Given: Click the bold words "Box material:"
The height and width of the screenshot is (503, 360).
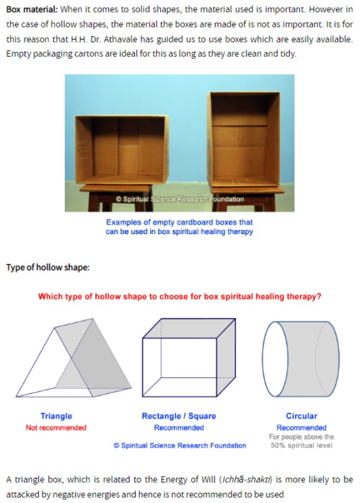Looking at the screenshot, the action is (x=32, y=9).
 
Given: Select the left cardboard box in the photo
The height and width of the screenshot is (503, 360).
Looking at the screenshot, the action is (x=122, y=150).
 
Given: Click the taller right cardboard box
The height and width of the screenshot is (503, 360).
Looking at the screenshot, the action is (x=244, y=139).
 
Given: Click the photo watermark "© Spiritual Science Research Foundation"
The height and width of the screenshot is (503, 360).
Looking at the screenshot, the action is (x=180, y=199).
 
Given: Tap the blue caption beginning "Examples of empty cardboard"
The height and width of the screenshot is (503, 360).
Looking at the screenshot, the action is (x=179, y=227).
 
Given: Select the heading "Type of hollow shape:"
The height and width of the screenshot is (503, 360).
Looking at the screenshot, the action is (x=48, y=267).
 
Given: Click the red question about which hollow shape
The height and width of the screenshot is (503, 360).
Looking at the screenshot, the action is (x=179, y=297).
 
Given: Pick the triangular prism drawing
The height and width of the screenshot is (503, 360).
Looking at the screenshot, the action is (x=74, y=358).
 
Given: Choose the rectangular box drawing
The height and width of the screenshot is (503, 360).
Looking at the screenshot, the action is (x=189, y=357).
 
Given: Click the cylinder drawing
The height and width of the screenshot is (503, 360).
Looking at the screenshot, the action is (x=301, y=359).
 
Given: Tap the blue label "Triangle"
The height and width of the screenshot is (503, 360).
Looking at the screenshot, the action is (x=56, y=416).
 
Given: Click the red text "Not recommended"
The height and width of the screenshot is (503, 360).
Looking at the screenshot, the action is (x=56, y=427).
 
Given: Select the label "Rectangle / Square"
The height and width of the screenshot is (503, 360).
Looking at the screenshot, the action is (x=179, y=416).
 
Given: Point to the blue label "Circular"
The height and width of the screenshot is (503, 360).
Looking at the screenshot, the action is (x=301, y=416).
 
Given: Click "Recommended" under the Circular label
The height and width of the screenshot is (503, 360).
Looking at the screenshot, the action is (x=301, y=427).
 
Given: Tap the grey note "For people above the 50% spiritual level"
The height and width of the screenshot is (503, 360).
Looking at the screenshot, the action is (x=301, y=441).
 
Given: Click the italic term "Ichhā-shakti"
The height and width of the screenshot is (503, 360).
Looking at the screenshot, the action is (x=247, y=480).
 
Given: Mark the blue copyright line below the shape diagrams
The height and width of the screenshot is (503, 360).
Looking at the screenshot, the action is (x=180, y=445).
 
